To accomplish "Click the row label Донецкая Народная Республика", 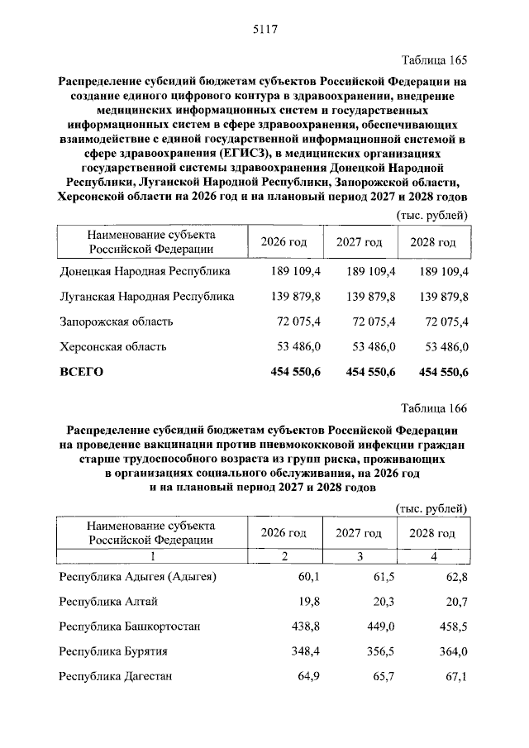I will tap(145, 271).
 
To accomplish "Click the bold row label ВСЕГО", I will tap(81, 372).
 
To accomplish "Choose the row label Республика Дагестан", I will tap(115, 677).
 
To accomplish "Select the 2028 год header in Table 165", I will tap(434, 242).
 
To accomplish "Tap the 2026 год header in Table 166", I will tap(284, 533).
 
